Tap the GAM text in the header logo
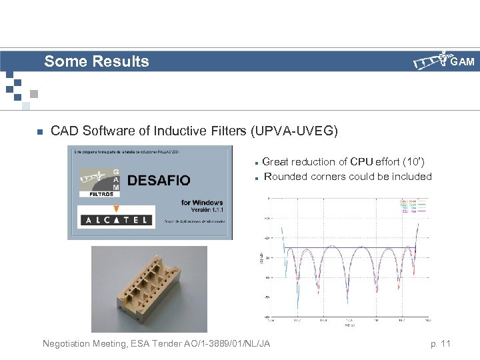(x=462, y=62)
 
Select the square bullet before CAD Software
(x=39, y=131)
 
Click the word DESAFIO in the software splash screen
(x=158, y=180)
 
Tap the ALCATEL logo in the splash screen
(x=116, y=219)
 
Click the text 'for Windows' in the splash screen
(x=201, y=203)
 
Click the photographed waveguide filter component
(x=148, y=288)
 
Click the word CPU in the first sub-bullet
(x=363, y=162)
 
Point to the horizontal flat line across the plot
(x=347, y=249)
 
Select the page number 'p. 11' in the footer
(x=440, y=343)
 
